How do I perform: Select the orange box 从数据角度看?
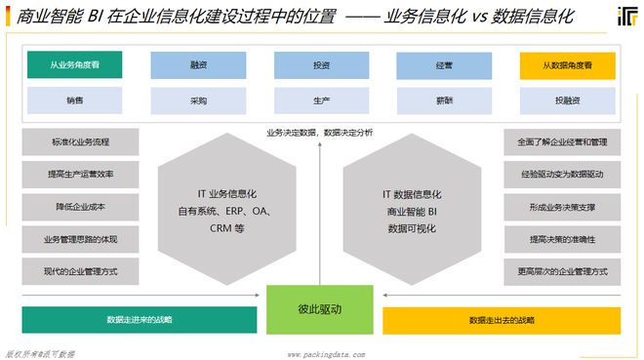click(x=568, y=65)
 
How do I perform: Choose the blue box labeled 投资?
click(x=321, y=65)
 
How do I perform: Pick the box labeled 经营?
click(x=444, y=65)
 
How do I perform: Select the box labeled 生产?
click(x=321, y=100)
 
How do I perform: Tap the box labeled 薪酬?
click(x=444, y=100)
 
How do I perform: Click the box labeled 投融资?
click(x=568, y=100)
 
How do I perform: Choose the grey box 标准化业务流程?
click(x=81, y=142)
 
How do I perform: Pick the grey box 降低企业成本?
click(x=81, y=207)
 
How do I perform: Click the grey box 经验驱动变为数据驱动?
click(x=562, y=175)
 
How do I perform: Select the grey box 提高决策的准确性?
click(x=562, y=239)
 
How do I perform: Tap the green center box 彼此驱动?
click(x=320, y=309)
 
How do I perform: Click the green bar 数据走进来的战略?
click(x=140, y=320)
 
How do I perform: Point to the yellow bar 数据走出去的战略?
click(x=501, y=320)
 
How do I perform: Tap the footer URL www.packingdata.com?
click(x=326, y=354)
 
